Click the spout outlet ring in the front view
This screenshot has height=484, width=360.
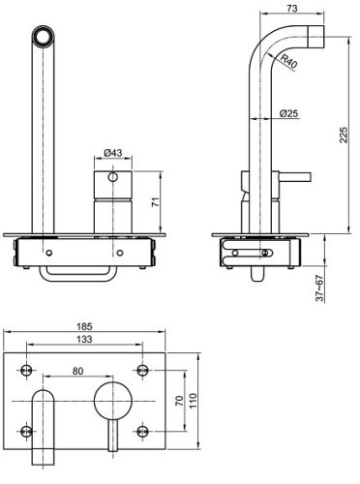[x=44, y=39]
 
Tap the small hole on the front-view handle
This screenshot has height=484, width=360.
[x=114, y=179]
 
